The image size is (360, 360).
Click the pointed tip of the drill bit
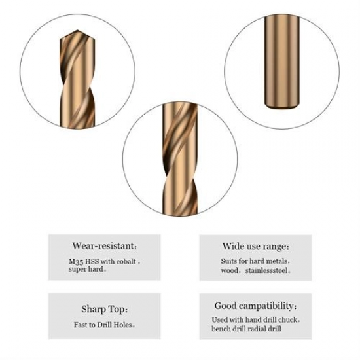click(x=77, y=30)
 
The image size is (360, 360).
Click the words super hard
click(x=86, y=269)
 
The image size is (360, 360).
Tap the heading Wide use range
click(x=255, y=247)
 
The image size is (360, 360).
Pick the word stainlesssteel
click(x=266, y=270)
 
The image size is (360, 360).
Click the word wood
click(x=229, y=270)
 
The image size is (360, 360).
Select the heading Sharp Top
click(x=105, y=309)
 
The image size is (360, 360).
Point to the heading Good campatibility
click(x=255, y=306)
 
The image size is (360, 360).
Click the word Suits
click(x=228, y=261)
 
